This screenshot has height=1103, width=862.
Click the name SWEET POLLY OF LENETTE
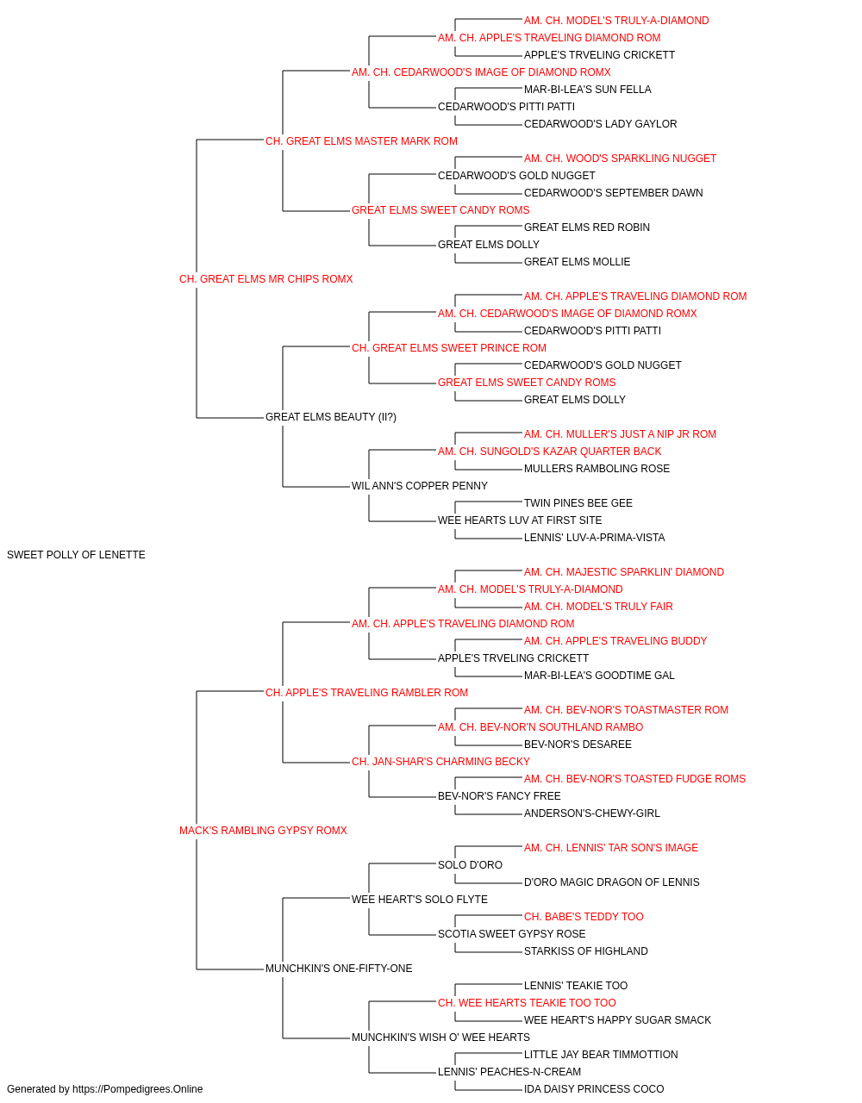click(x=76, y=554)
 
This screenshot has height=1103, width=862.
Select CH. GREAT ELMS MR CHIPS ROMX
click(x=265, y=278)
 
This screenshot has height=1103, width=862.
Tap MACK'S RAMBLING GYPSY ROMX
click(x=263, y=830)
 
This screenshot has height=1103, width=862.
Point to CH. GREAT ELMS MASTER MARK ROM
click(x=361, y=140)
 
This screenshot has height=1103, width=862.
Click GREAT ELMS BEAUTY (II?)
click(x=330, y=417)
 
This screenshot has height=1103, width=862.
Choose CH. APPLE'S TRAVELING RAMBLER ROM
click(x=366, y=692)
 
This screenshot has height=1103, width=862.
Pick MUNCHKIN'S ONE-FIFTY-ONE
click(x=339, y=968)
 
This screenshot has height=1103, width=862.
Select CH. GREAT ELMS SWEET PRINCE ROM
click(x=449, y=347)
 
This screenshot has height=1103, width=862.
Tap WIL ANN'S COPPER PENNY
click(x=419, y=486)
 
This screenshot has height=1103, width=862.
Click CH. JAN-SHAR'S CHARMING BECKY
click(x=440, y=762)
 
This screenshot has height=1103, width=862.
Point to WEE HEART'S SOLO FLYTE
click(x=419, y=899)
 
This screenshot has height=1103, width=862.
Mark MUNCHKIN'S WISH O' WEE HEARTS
click(x=440, y=1037)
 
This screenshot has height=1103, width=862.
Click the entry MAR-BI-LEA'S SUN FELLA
click(x=587, y=90)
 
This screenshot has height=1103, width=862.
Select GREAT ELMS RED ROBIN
click(x=587, y=227)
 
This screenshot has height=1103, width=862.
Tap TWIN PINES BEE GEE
click(x=578, y=503)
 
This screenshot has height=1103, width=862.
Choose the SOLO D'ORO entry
click(x=470, y=864)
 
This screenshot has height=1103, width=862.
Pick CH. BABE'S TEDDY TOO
click(x=584, y=916)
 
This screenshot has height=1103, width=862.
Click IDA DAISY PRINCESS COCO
click(x=594, y=1089)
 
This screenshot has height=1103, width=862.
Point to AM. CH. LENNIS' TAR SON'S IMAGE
click(x=611, y=847)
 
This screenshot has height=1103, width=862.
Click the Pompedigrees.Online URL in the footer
click(x=138, y=1089)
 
